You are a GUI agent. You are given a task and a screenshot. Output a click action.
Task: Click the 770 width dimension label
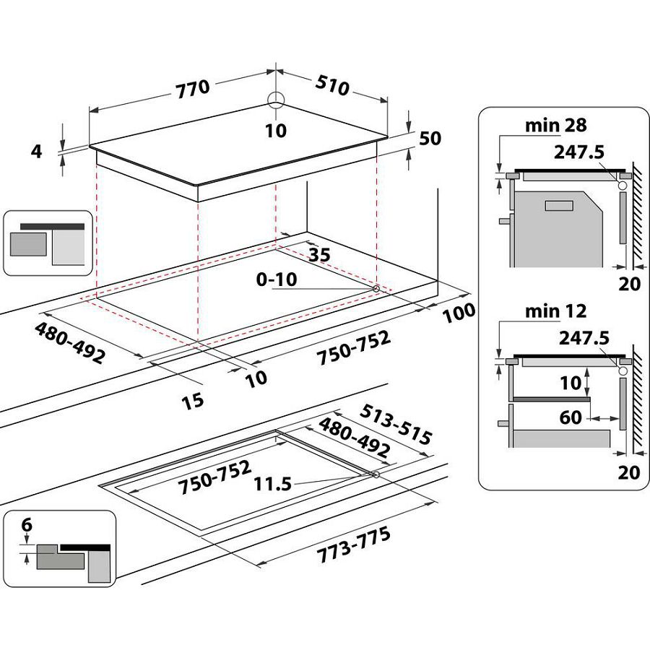click(192, 88)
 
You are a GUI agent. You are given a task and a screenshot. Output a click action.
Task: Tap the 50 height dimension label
click(430, 139)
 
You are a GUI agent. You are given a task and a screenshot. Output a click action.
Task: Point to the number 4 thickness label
click(37, 151)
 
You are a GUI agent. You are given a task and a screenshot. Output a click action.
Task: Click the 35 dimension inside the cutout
click(318, 254)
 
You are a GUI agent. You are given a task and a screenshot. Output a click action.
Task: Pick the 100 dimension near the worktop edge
click(456, 313)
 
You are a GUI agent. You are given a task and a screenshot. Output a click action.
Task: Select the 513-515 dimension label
click(397, 425)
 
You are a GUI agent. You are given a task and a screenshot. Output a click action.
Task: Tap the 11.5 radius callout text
click(273, 484)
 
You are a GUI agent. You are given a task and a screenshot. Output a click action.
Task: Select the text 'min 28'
click(556, 126)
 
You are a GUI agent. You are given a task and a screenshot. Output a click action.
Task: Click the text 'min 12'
click(555, 311)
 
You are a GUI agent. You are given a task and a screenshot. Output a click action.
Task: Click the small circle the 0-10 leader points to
click(376, 289)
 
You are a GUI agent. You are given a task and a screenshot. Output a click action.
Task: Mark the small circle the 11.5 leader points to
click(376, 474)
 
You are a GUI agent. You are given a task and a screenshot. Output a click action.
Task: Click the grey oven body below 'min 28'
click(556, 227)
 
